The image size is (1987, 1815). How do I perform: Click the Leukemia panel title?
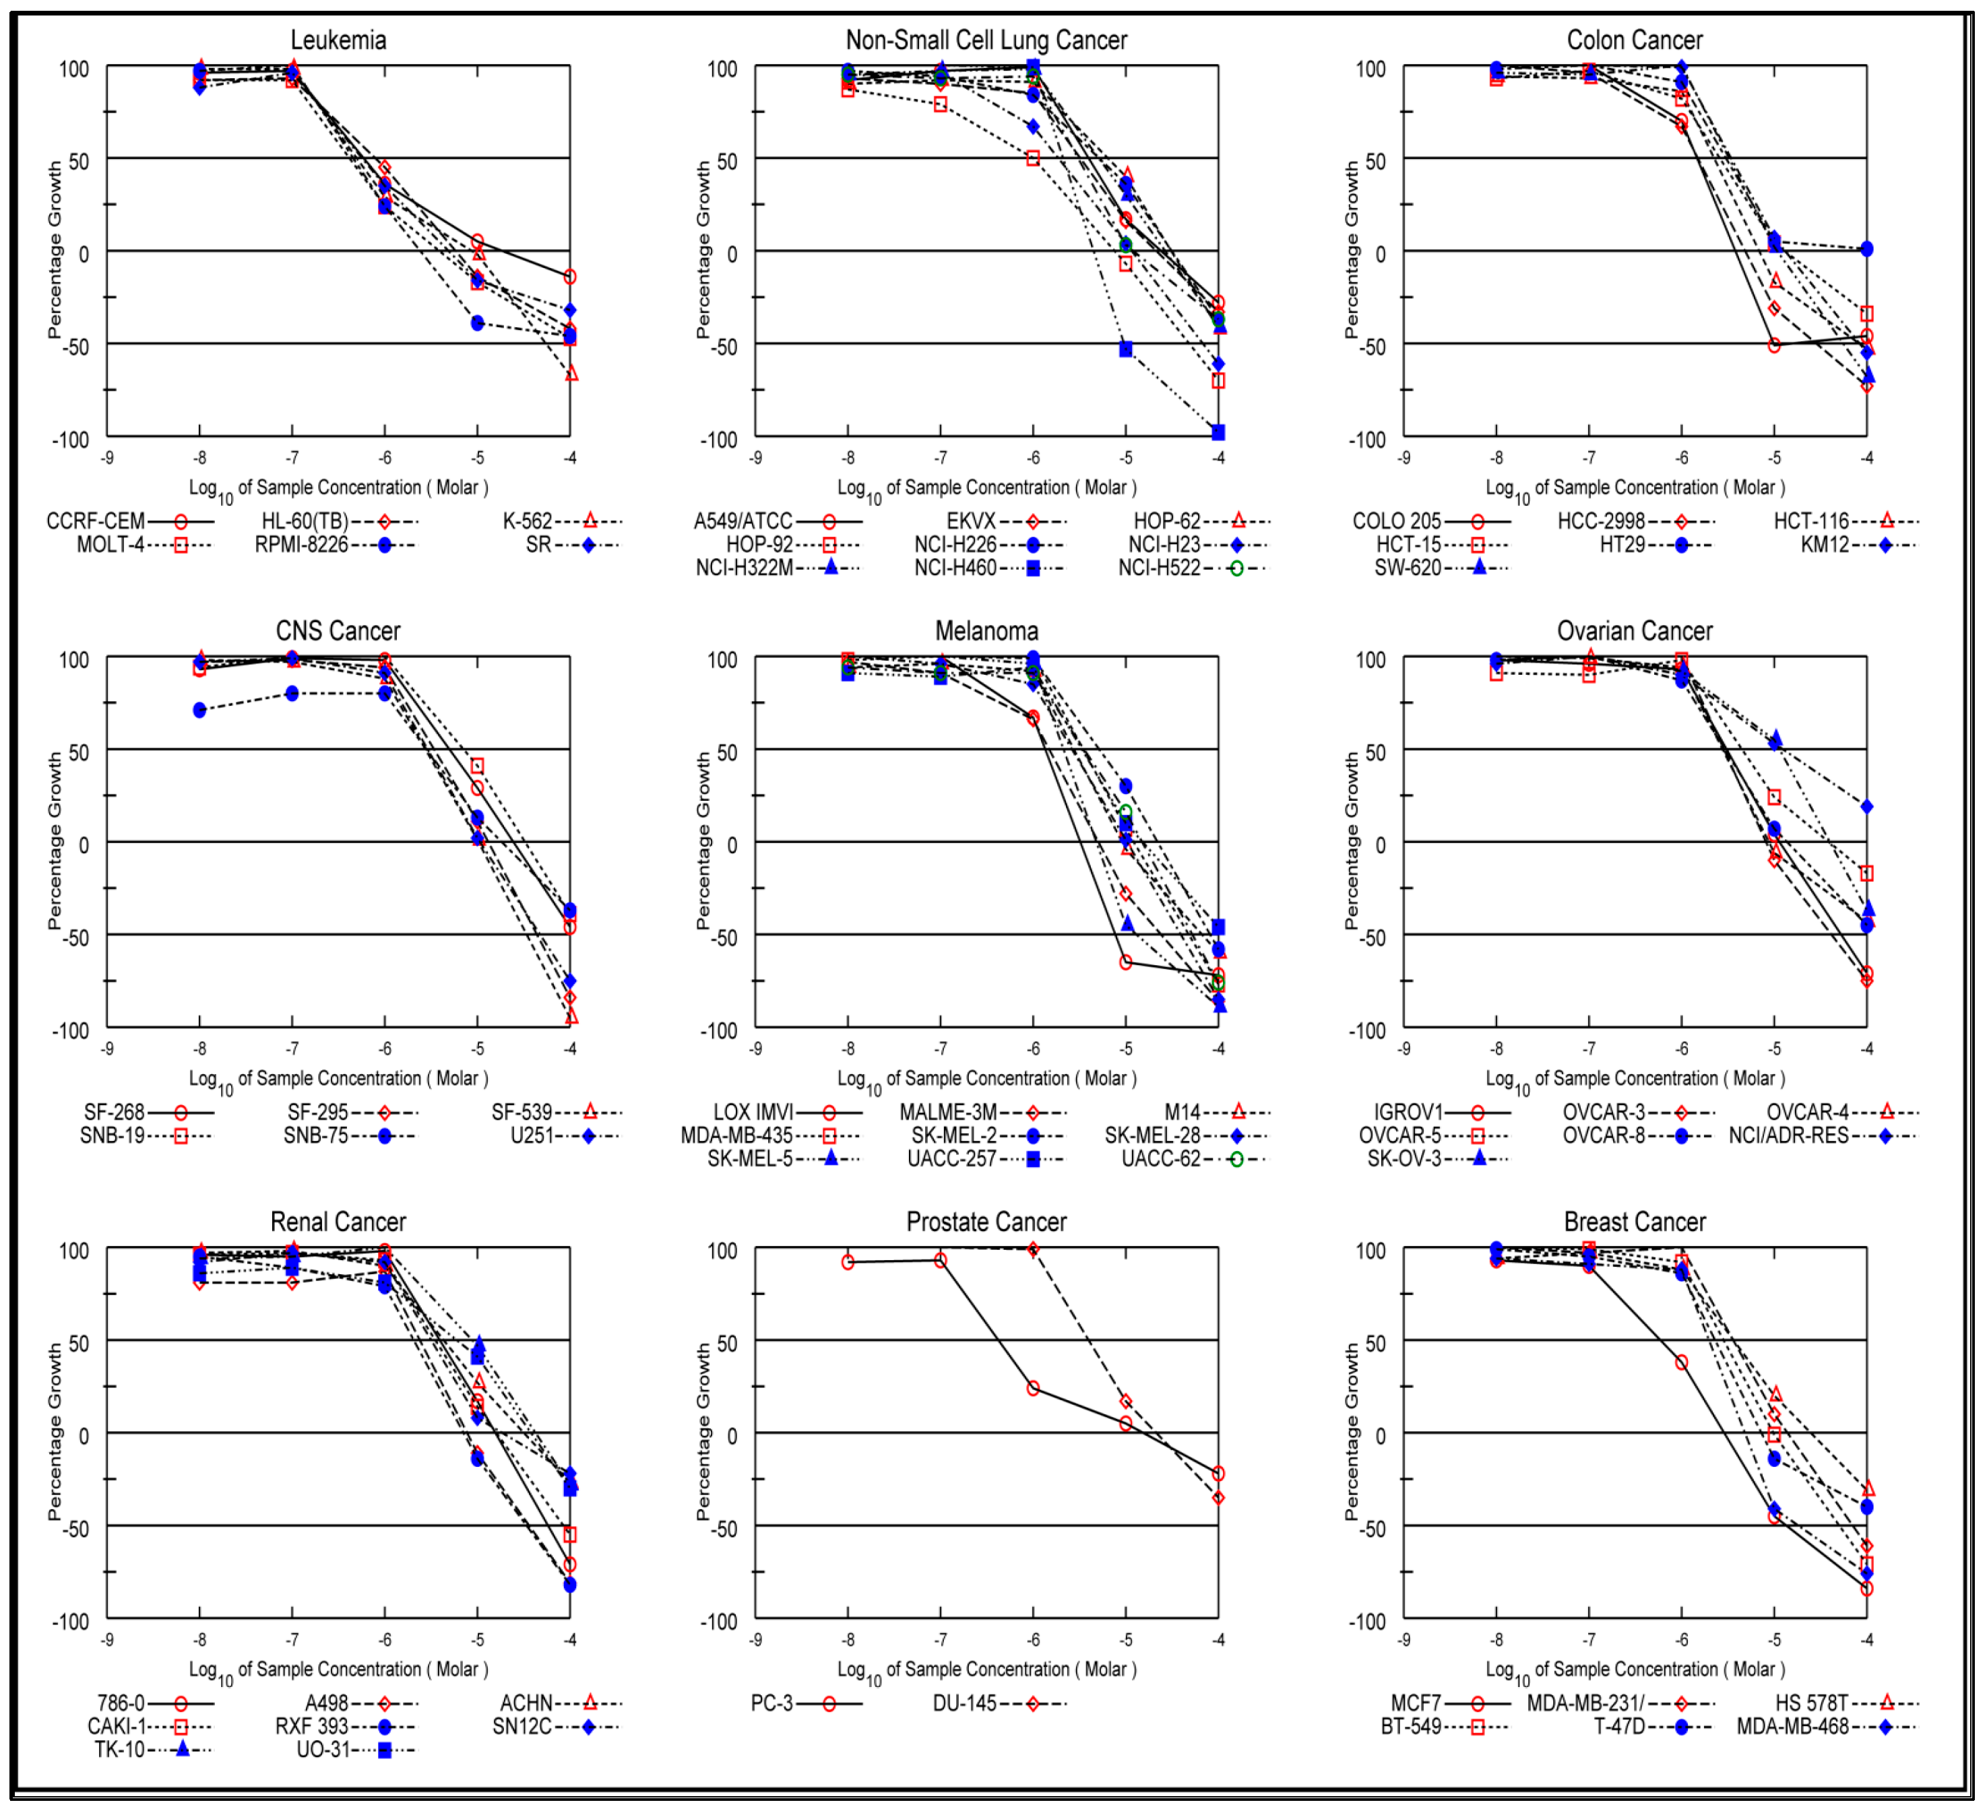338,40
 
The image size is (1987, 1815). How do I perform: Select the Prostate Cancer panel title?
986,1223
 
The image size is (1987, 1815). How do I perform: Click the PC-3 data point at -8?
848,1262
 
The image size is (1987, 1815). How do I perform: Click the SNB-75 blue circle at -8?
200,711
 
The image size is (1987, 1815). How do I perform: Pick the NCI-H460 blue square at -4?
1218,432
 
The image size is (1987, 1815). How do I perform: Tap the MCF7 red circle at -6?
1682,1362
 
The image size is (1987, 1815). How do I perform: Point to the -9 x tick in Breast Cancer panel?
1403,1641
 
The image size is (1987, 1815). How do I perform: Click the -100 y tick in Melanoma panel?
718,1030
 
